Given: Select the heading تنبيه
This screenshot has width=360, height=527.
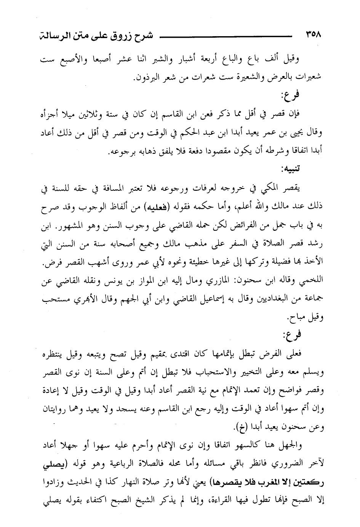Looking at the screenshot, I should (310, 169).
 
